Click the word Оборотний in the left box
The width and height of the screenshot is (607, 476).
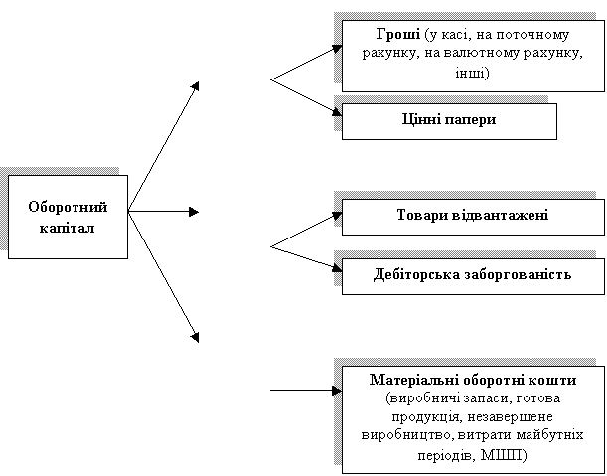tap(68, 208)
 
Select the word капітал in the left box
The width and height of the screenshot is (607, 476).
tap(67, 228)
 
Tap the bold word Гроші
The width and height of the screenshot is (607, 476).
tap(398, 35)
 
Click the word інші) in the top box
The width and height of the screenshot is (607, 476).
tap(472, 73)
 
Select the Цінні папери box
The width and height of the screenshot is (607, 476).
tap(449, 121)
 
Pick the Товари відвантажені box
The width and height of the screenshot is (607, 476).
tap(473, 217)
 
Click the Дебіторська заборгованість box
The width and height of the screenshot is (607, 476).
tap(473, 276)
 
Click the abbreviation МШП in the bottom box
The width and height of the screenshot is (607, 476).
tap(502, 455)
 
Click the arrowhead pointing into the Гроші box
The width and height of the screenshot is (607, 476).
tap(337, 49)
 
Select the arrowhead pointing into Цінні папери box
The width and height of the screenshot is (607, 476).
tap(337, 111)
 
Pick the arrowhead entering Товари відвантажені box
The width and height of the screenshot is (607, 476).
tap(337, 215)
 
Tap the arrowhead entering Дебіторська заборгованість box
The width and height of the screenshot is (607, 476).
tap(337, 267)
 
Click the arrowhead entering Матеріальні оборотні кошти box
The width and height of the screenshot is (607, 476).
tap(337, 390)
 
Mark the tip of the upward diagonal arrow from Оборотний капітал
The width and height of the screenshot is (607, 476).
tap(199, 82)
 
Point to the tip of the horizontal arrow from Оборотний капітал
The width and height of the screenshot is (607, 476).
tap(199, 212)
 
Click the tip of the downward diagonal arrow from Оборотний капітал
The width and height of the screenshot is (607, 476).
tap(199, 343)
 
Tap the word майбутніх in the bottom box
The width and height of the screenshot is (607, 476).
tap(549, 435)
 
